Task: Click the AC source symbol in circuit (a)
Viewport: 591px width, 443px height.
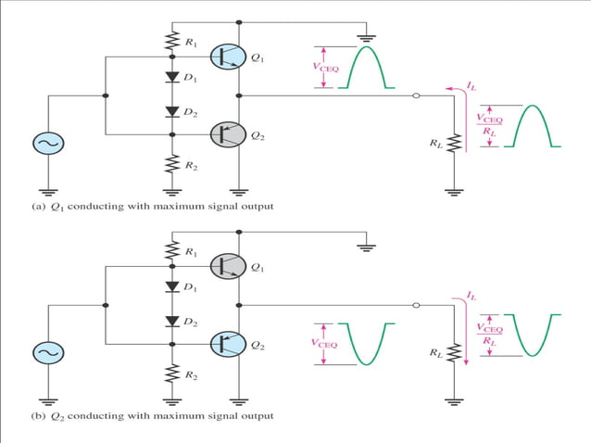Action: (46, 145)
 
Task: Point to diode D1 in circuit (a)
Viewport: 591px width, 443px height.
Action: (171, 76)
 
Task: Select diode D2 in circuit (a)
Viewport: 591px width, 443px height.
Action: (171, 112)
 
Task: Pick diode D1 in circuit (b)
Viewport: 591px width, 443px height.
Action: (171, 286)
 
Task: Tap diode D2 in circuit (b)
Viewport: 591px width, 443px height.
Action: (171, 322)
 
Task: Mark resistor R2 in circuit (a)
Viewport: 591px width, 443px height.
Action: (171, 163)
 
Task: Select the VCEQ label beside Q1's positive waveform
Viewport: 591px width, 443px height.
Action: (322, 66)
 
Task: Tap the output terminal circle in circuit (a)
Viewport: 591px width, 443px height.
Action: (416, 95)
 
